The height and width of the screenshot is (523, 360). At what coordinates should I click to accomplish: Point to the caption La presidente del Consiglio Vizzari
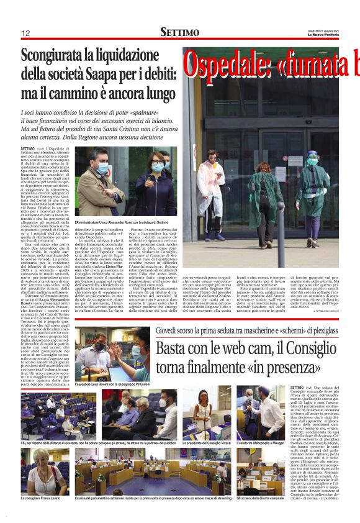pos(206,443)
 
